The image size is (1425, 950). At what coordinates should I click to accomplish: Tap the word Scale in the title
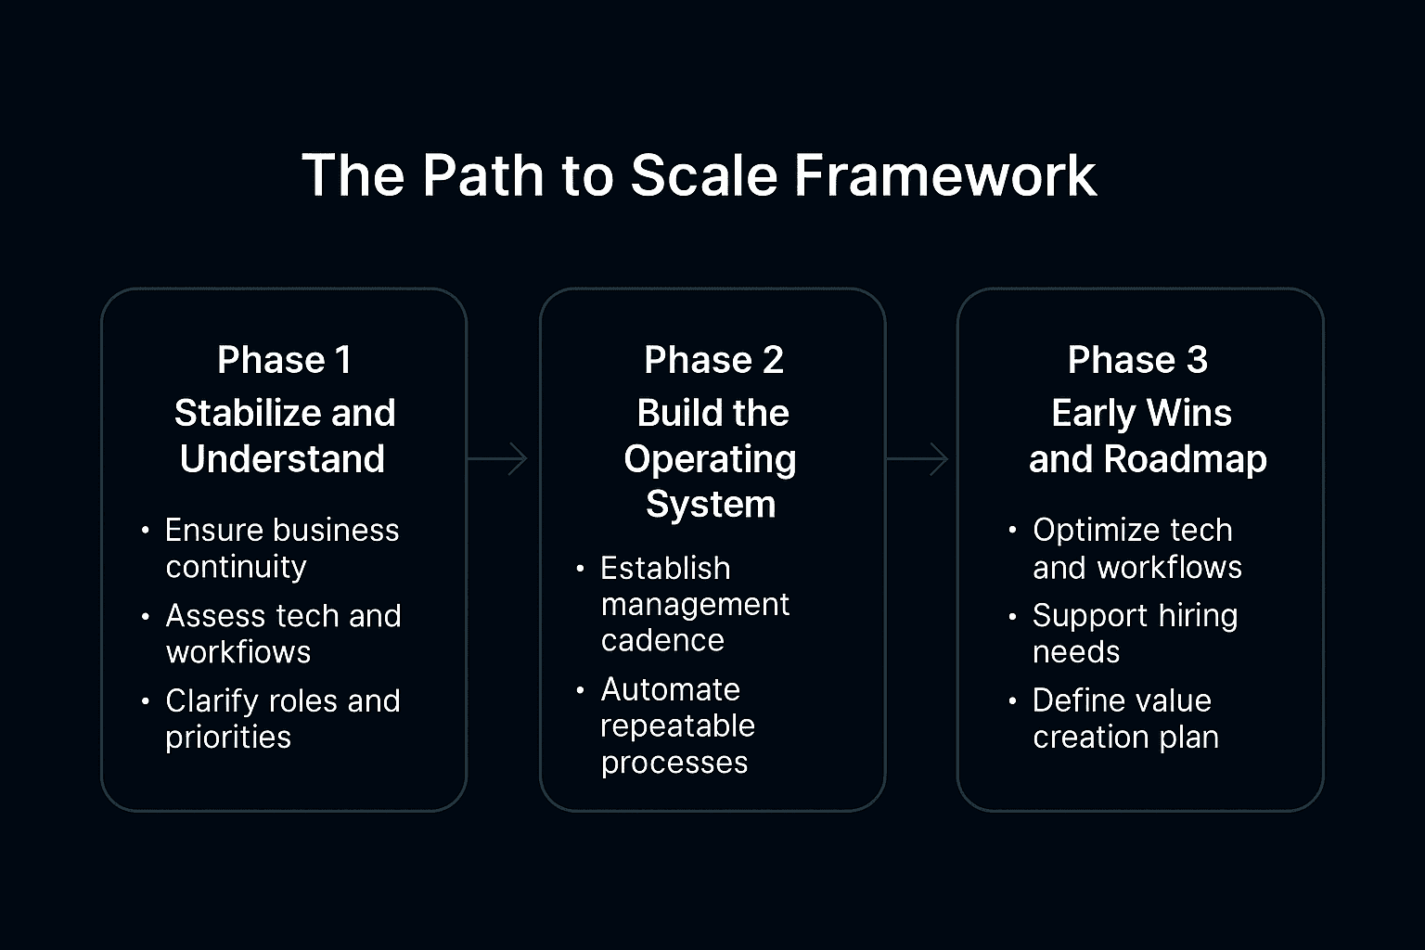pos(703,175)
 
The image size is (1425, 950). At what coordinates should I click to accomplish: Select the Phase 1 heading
pos(284,360)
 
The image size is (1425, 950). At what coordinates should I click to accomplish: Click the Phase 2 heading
pos(713,360)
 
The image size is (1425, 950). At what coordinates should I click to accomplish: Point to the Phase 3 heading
pos(1137,360)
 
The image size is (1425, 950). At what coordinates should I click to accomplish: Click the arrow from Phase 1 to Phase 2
pos(497,458)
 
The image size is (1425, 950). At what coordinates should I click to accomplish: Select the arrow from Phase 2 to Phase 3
pos(918,458)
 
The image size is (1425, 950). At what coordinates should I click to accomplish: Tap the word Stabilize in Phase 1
pos(247,413)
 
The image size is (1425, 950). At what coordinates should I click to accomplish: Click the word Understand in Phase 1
pos(282,459)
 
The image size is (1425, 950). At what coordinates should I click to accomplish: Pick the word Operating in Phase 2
pos(710,459)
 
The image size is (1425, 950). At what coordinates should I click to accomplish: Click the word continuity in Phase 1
pos(236,567)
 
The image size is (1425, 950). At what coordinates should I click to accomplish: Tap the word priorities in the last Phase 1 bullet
pos(228,738)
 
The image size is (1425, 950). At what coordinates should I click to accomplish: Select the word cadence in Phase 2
pos(662,641)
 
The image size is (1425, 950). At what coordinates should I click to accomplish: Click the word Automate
pos(670,689)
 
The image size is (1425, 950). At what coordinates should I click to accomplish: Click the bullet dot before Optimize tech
pos(1012,532)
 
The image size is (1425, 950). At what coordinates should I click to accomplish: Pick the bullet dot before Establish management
pos(580,569)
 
